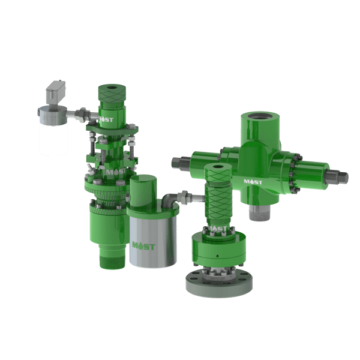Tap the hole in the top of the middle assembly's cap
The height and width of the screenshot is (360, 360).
coord(217,168)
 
